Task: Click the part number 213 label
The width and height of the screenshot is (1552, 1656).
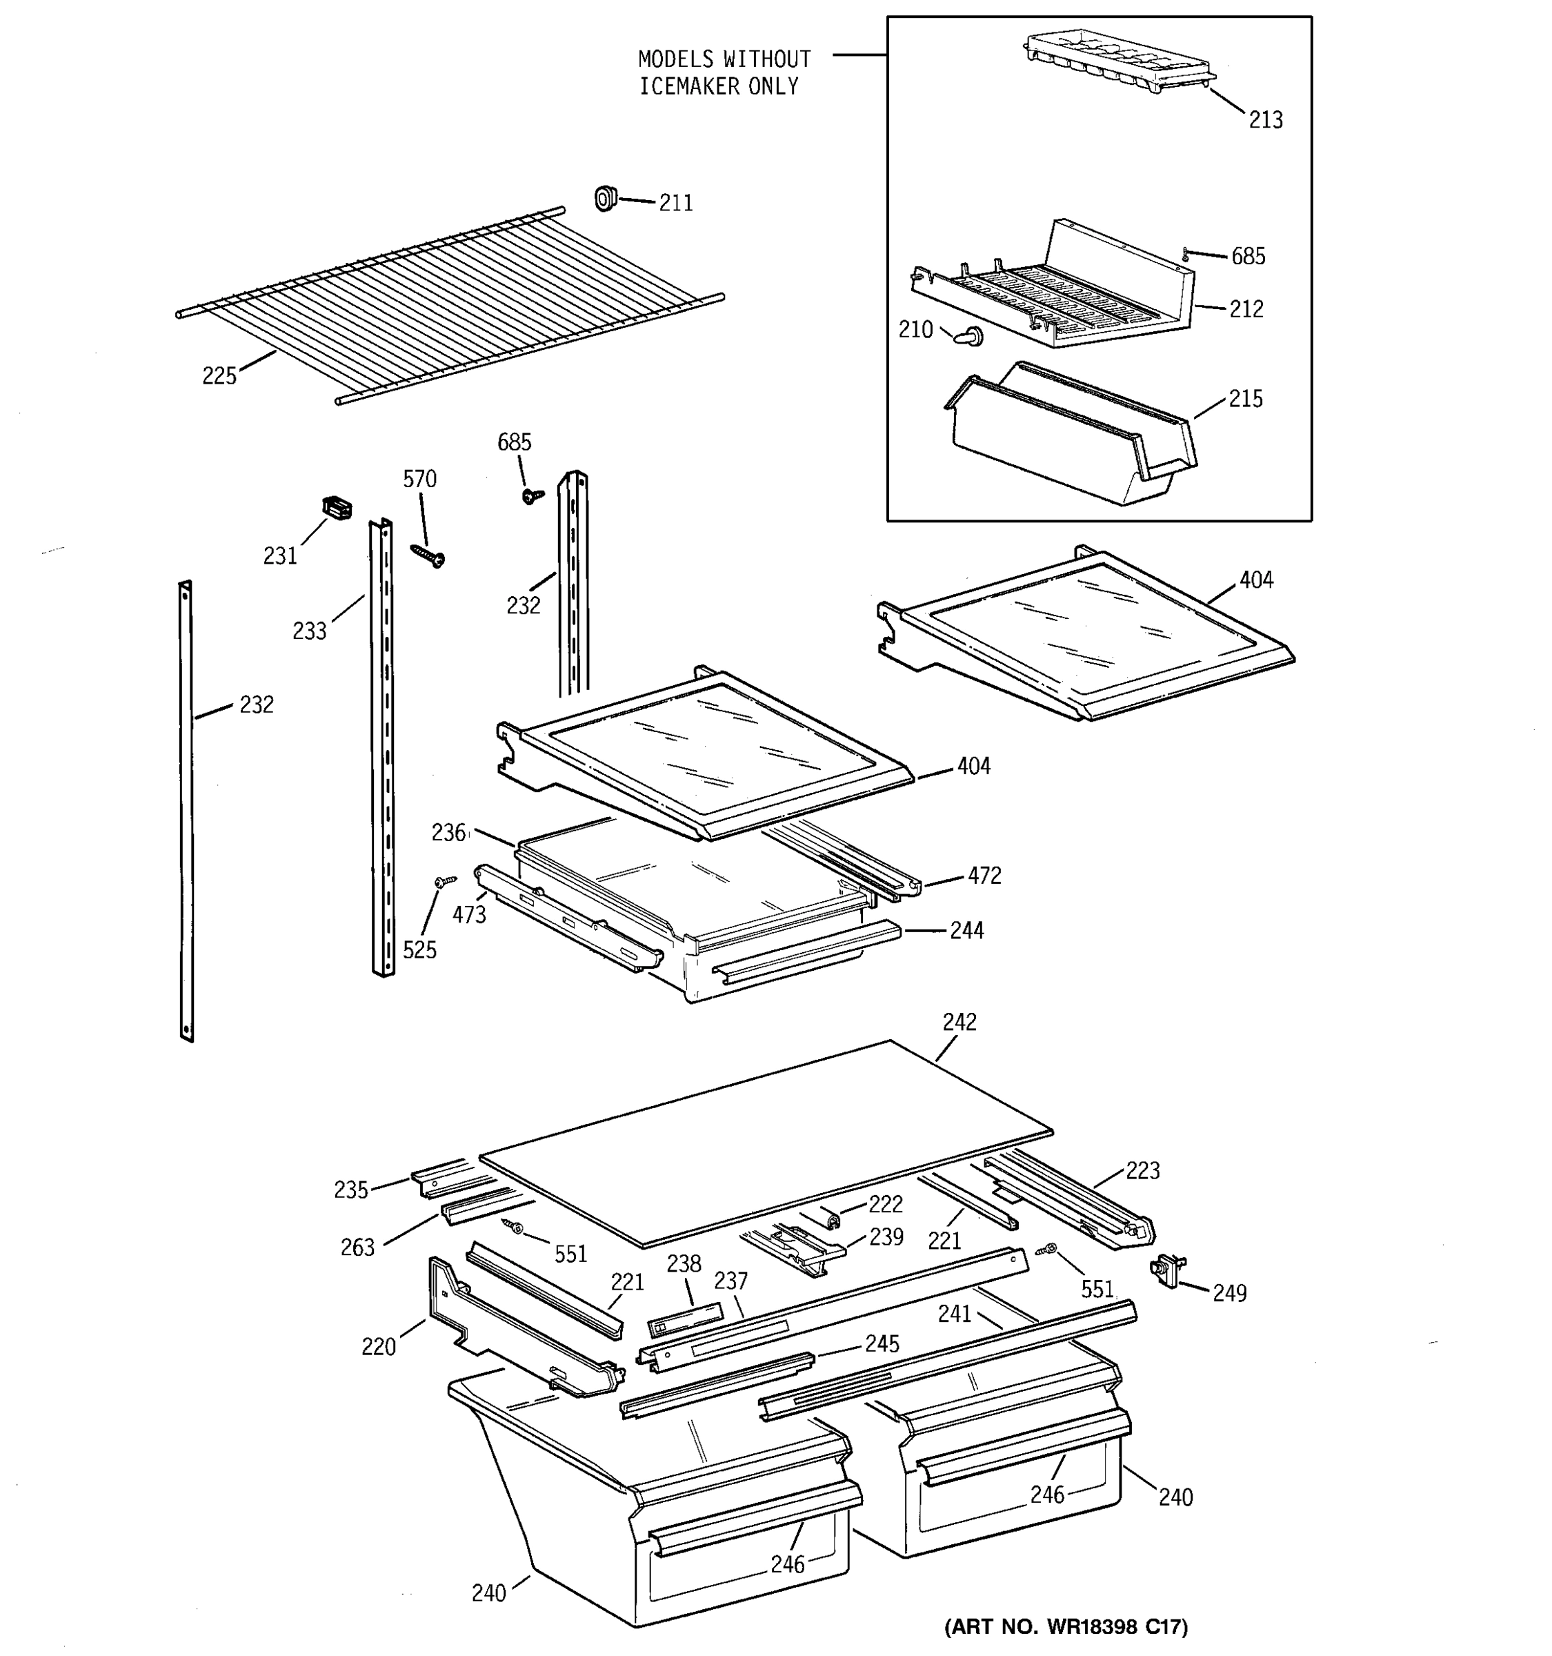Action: (x=1265, y=120)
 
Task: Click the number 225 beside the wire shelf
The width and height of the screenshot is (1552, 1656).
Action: (x=219, y=377)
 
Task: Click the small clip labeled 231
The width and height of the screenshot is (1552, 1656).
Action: (x=337, y=507)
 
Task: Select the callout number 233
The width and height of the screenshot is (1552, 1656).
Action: (x=309, y=631)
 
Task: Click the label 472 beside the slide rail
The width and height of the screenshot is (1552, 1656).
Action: (x=984, y=876)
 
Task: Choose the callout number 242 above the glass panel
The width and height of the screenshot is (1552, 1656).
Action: (x=959, y=1022)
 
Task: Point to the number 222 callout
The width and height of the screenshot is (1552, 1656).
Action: (x=885, y=1205)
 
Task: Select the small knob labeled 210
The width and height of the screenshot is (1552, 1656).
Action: (x=971, y=337)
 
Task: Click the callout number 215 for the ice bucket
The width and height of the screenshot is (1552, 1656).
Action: (x=1245, y=399)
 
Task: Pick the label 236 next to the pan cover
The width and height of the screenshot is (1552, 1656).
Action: (x=448, y=833)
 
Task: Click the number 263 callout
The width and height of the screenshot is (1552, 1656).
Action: (x=357, y=1247)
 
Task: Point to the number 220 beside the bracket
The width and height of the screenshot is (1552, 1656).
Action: (x=378, y=1346)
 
